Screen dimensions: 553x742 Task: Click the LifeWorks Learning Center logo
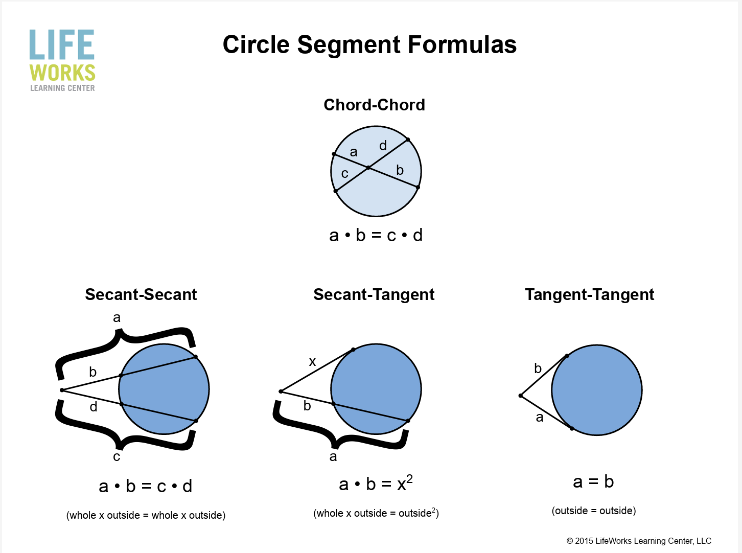tap(62, 60)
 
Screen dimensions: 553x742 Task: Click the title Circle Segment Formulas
tap(369, 44)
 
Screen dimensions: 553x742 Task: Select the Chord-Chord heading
tap(374, 105)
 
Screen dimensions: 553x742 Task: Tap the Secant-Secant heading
tap(141, 294)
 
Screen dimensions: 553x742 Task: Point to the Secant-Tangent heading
tap(374, 294)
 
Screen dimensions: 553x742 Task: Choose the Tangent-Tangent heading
tap(589, 294)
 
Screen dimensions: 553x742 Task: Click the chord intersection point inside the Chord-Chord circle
tap(368, 168)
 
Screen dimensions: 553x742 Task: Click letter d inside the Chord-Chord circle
tap(383, 146)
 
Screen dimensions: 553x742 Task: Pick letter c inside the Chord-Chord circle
tap(345, 174)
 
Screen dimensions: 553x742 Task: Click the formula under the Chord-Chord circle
tap(376, 235)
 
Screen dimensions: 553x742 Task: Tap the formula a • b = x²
tap(376, 483)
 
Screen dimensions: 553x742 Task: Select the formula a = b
tap(593, 481)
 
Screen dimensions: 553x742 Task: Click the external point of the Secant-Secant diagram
tap(62, 390)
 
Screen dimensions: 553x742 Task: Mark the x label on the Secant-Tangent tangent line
tap(312, 362)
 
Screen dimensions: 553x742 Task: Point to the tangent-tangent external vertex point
tap(520, 396)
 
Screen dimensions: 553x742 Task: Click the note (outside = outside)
tap(593, 511)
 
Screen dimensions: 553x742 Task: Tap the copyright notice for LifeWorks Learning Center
tap(639, 541)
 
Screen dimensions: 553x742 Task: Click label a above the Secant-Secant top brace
tap(117, 317)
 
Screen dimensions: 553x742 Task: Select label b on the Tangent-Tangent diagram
tap(538, 368)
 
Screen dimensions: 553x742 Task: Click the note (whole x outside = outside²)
tap(376, 513)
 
